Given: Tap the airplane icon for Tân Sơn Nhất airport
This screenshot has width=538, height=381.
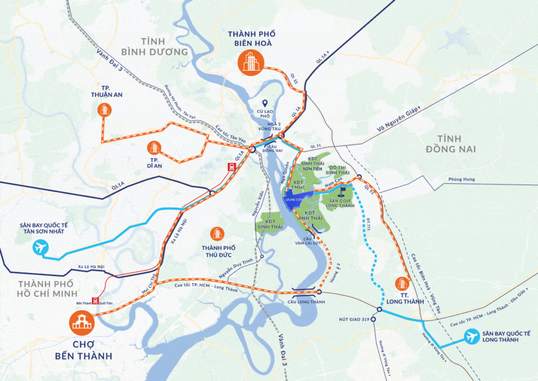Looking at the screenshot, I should [40, 247].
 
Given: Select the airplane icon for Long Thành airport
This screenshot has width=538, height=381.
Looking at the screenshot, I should [472, 336].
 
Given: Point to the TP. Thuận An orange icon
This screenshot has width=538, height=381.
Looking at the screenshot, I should [104, 110].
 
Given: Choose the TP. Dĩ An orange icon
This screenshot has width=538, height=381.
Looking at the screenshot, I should [154, 148].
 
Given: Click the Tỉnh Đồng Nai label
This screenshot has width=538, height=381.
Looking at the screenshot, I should [451, 144].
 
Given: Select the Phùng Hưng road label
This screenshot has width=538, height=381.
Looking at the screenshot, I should [461, 179].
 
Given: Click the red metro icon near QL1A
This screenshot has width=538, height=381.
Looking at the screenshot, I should [231, 167].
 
